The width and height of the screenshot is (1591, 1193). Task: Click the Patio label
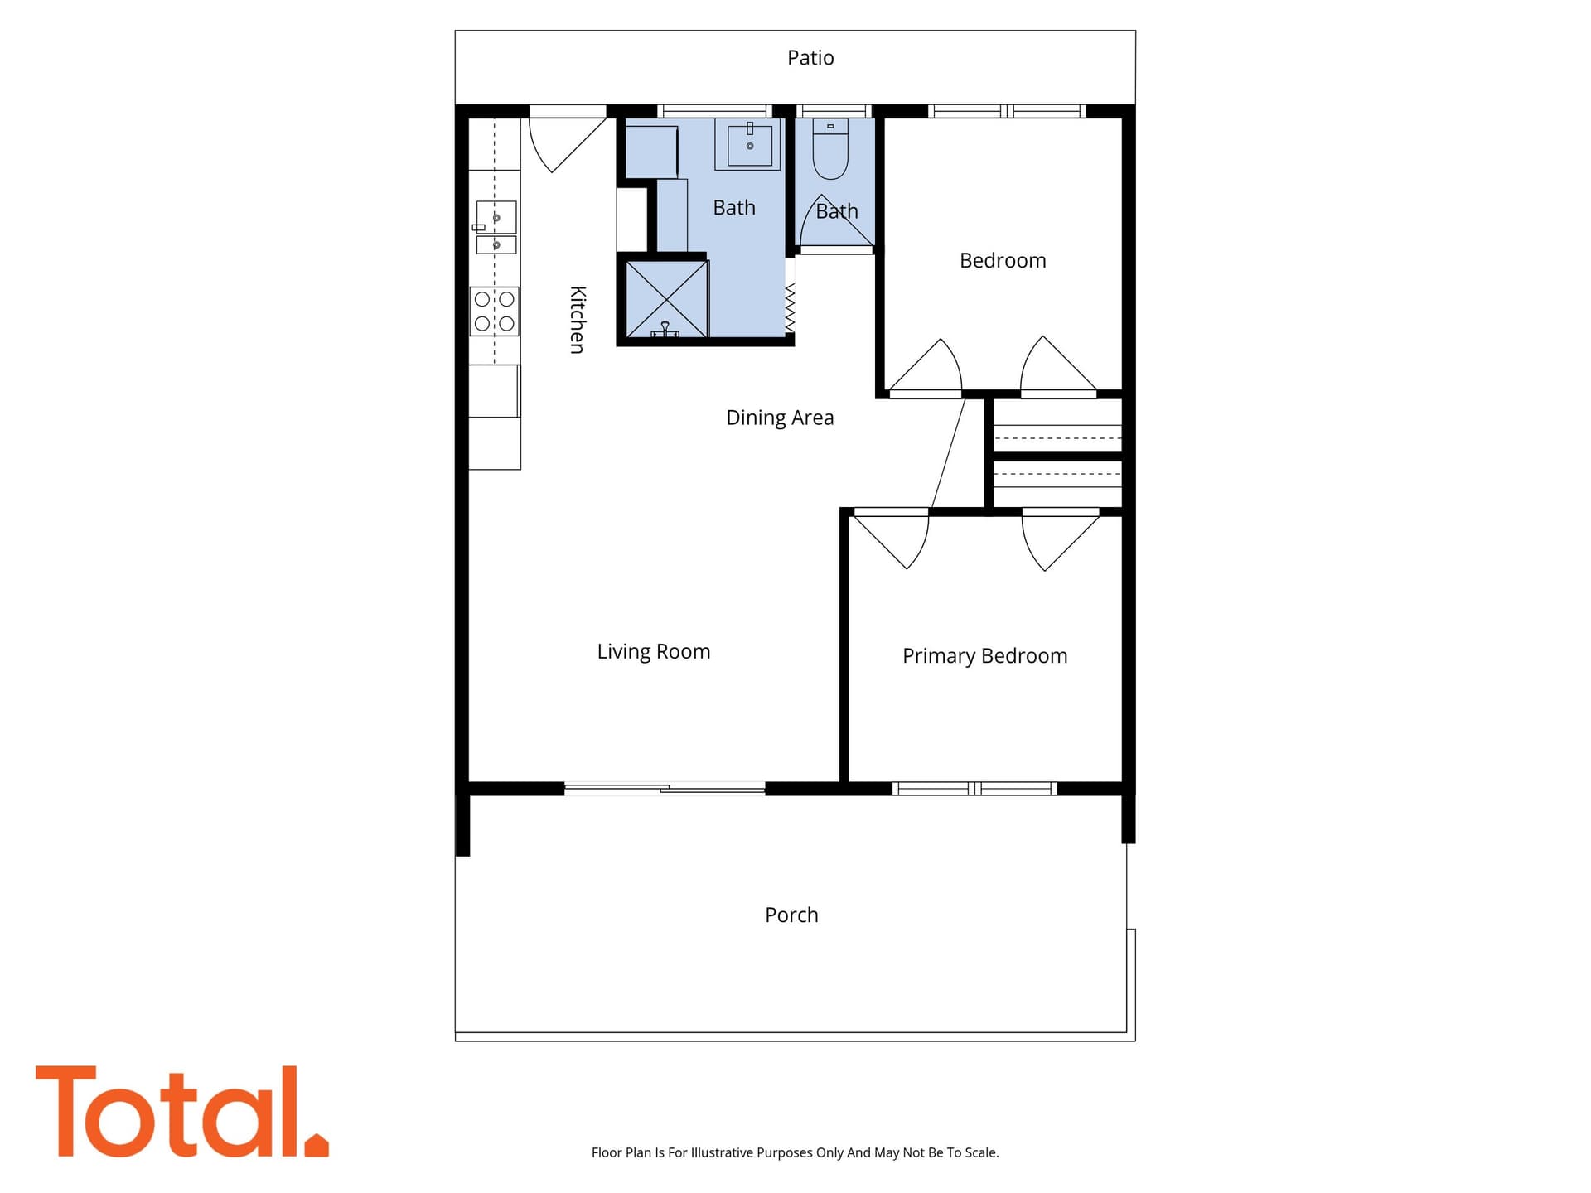810,58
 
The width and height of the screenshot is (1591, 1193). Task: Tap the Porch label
791,915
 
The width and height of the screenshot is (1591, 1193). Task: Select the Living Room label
654,652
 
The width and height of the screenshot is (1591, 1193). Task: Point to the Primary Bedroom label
984,656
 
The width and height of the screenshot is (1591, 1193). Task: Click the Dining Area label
780,418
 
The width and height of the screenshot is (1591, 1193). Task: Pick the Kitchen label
578,320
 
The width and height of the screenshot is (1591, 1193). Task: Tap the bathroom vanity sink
750,145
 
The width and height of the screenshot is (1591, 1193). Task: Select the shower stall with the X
666,299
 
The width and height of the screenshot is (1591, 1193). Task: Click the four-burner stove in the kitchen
495,311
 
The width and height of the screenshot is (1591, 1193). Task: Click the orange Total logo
182,1112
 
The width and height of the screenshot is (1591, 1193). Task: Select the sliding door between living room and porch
665,789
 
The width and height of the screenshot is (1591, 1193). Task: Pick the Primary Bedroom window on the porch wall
974,789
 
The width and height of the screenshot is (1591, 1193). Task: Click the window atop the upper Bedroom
1007,111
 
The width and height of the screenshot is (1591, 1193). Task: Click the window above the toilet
834,111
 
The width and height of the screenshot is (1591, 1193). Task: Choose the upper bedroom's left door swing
925,366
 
